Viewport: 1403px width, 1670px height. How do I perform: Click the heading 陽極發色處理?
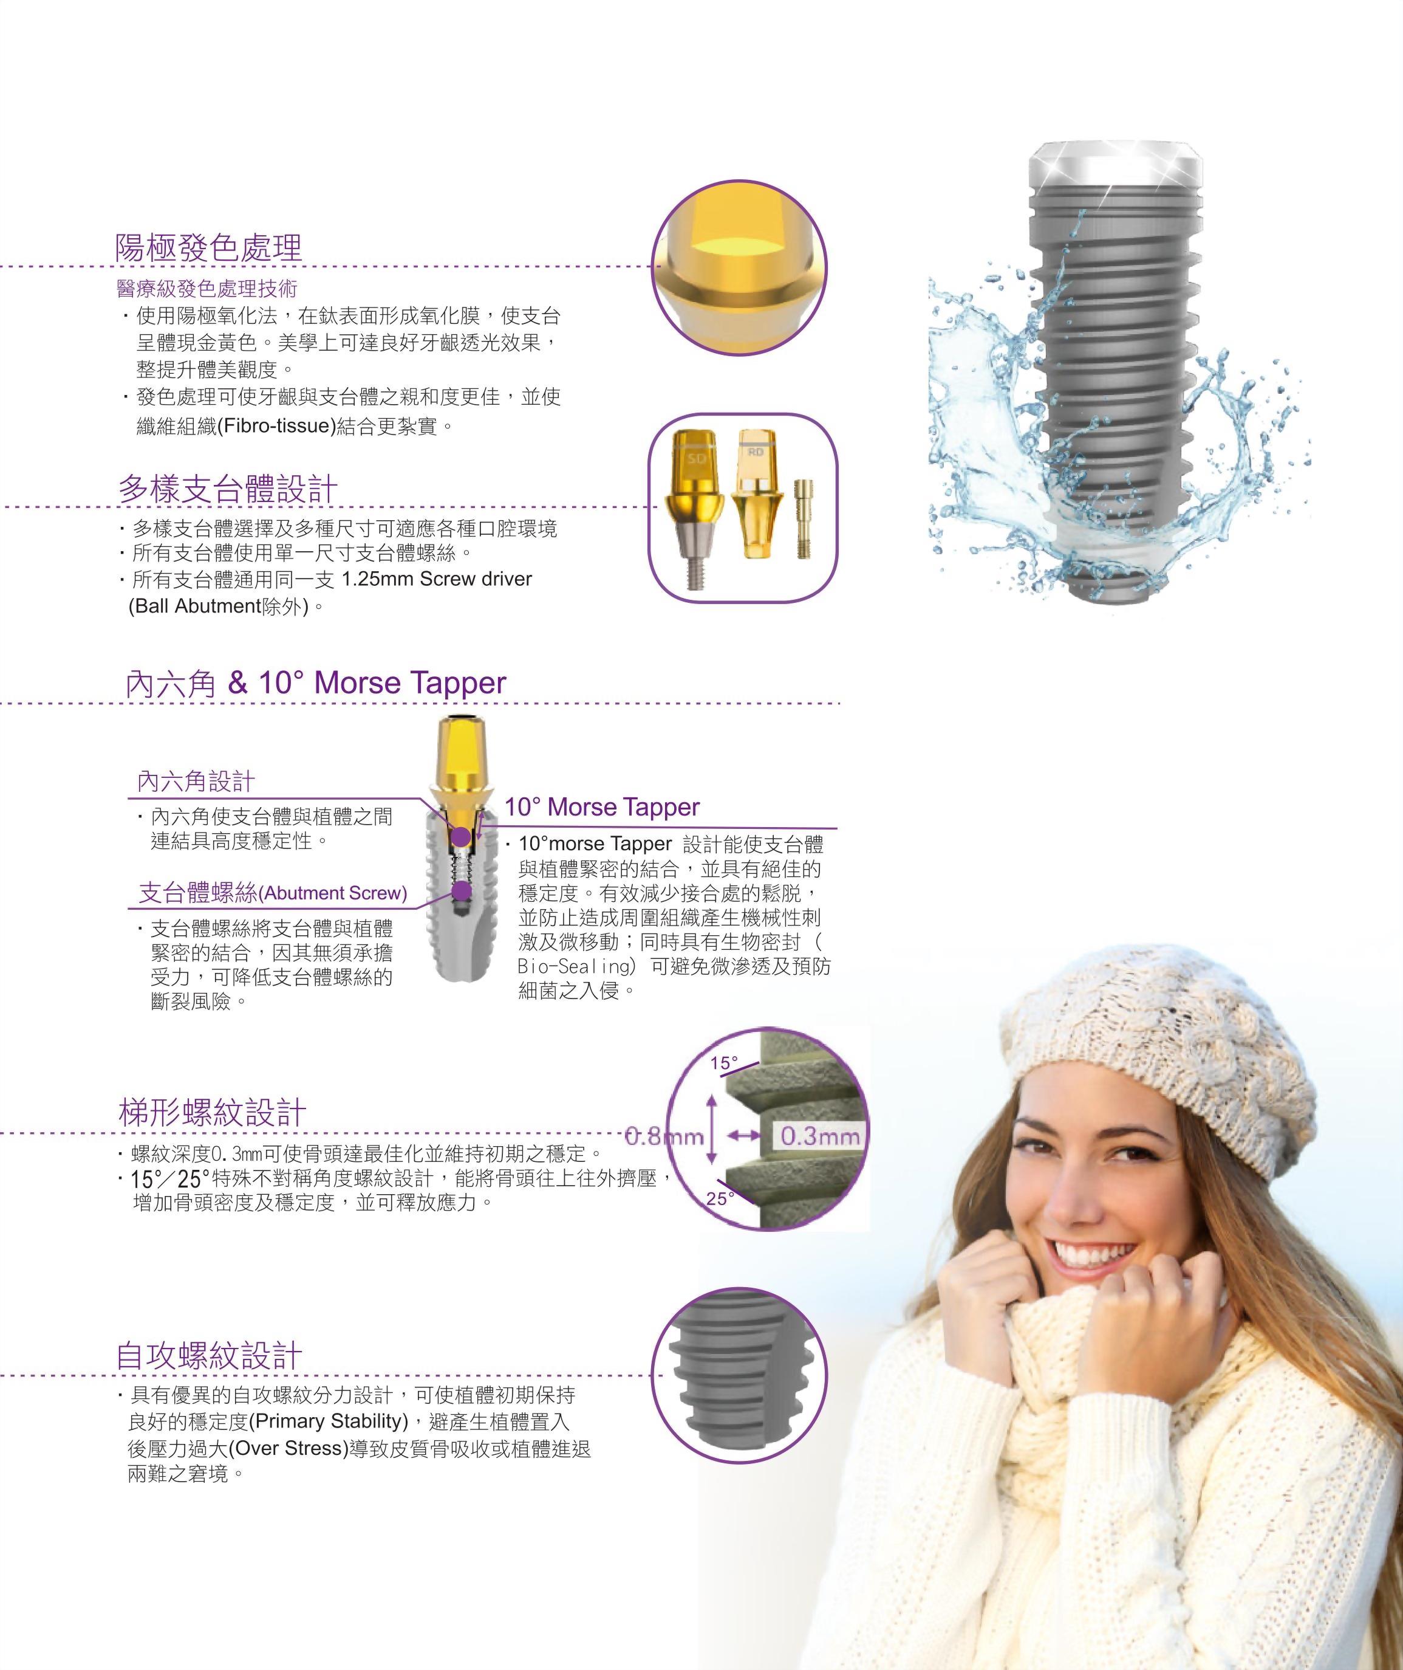208,247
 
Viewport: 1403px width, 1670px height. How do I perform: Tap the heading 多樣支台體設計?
228,488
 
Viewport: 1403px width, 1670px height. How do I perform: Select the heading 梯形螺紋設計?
213,1112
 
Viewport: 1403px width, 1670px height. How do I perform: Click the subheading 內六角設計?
196,782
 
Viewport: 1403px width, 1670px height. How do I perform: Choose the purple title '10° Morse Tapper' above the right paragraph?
602,807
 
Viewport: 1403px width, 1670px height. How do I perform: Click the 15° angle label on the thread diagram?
724,1063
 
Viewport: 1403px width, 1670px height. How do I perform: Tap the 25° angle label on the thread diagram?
719,1198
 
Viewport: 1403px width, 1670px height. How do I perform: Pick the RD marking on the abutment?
756,452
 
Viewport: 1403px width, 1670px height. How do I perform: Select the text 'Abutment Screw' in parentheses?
333,893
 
